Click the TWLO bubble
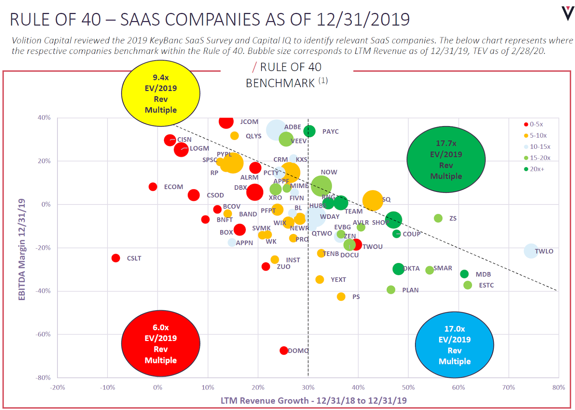531,251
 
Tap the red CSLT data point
116,258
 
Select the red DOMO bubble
284,350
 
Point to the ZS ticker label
453,218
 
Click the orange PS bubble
341,296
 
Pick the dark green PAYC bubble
309,131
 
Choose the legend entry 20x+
537,169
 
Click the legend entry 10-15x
540,147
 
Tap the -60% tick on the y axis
43,334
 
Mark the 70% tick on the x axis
509,387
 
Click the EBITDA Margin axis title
22,249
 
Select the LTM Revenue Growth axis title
313,400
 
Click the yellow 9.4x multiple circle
161,93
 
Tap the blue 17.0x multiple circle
454,345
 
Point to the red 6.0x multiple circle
161,344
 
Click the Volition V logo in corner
568,13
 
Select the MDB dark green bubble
464,274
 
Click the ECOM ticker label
174,187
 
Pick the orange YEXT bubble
319,279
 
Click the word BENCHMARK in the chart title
280,83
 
